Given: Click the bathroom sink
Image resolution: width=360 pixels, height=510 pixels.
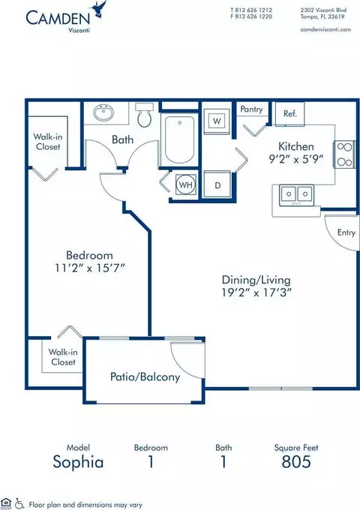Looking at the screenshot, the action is pos(103,112).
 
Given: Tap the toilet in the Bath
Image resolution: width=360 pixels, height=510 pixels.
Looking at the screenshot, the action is pos(145,115).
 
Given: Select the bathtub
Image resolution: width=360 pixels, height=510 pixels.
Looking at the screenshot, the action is pos(179,139).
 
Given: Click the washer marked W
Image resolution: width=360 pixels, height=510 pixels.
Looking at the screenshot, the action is pos(217,121).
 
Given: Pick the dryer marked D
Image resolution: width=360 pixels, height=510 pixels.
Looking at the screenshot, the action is pos(217,184).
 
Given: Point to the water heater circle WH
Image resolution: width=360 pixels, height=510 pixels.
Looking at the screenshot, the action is pos(186,185).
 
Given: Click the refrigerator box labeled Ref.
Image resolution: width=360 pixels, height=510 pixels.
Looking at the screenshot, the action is pos(289,113).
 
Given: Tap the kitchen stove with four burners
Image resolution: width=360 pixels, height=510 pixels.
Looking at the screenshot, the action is pos(344,154).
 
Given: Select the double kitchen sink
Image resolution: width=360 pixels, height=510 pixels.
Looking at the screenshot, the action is pos(296,195).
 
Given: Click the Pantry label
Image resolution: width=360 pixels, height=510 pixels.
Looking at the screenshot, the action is pos(251,109).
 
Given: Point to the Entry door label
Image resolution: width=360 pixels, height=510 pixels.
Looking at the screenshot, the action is pos(346,232).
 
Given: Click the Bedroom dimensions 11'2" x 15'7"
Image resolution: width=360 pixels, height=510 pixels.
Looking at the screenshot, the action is pos(90,268).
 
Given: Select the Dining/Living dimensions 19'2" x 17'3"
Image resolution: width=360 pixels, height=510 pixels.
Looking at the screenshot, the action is pos(256,292).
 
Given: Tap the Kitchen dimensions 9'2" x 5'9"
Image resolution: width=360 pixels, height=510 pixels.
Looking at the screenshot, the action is pos(296,159).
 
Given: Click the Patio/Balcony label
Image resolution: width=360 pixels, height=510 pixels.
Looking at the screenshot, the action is pos(145,376).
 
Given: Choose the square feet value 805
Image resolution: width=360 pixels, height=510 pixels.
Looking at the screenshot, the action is pos(296,461).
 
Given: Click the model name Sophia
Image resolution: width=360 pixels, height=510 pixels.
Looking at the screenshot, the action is pos(78,462).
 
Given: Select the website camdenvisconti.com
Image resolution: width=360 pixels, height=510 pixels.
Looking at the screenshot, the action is pos(325,29).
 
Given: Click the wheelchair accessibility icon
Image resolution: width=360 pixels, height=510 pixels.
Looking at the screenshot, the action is pos(19,503).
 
